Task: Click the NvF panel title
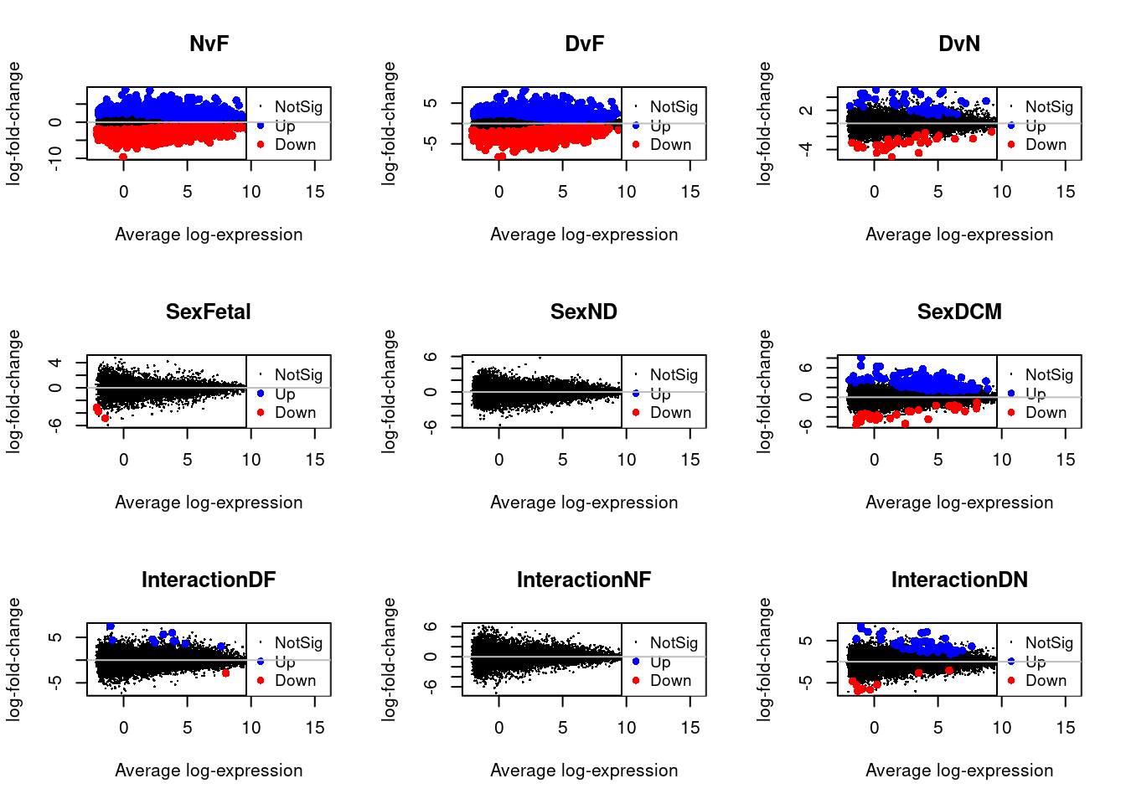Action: pyautogui.click(x=209, y=44)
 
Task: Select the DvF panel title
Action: pyautogui.click(x=584, y=44)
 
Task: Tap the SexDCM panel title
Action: pyautogui.click(x=959, y=312)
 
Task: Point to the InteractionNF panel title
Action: pyautogui.click(x=584, y=580)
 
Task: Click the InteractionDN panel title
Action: pyautogui.click(x=959, y=580)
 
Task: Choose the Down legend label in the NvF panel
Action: pyautogui.click(x=296, y=145)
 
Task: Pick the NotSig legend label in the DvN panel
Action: pyautogui.click(x=1049, y=106)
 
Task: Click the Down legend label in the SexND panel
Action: pyautogui.click(x=671, y=413)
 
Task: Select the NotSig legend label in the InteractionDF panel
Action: pyautogui.click(x=298, y=642)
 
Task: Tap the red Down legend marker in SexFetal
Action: pyautogui.click(x=261, y=412)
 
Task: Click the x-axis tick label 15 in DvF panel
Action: pyautogui.click(x=690, y=192)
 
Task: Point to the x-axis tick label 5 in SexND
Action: pyautogui.click(x=563, y=460)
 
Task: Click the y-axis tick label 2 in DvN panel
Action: pyautogui.click(x=806, y=110)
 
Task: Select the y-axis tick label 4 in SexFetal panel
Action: pyautogui.click(x=55, y=363)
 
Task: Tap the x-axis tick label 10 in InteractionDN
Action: pyautogui.click(x=1002, y=728)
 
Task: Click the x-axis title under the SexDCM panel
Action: pyautogui.click(x=959, y=502)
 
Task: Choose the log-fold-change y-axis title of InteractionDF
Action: pyautogui.click(x=14, y=659)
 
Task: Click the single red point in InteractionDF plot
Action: pyautogui.click(x=225, y=673)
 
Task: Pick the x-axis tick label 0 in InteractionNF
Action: pyautogui.click(x=499, y=728)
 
